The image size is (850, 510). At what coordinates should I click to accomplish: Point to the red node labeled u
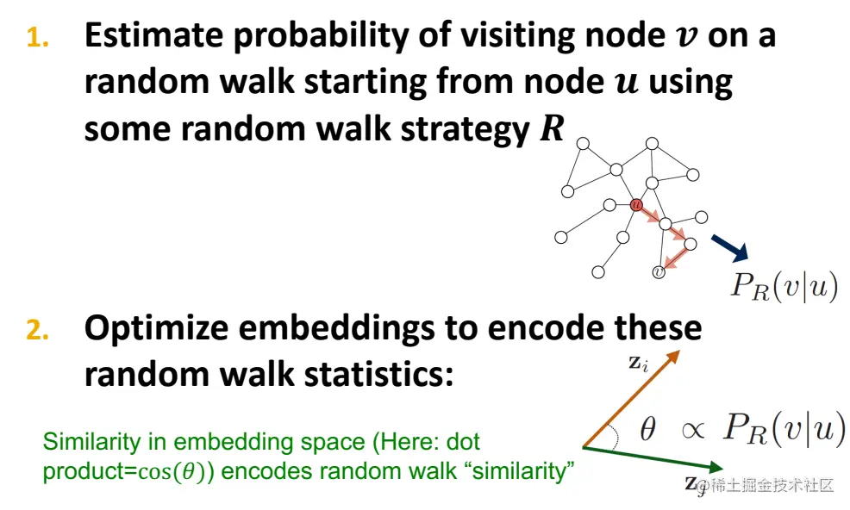(x=636, y=204)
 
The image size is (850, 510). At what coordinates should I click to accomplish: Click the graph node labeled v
(x=659, y=271)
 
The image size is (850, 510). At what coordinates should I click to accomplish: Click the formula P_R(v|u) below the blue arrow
(x=784, y=285)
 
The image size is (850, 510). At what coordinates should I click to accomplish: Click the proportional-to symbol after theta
(x=691, y=430)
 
